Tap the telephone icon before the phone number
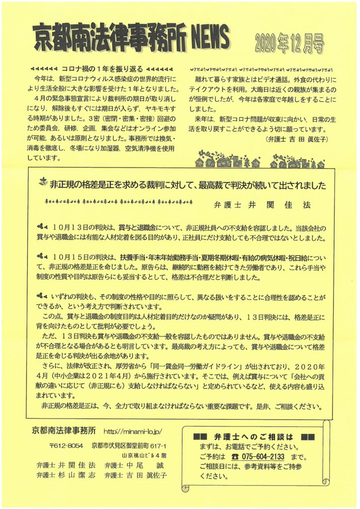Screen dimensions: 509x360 (235, 457)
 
